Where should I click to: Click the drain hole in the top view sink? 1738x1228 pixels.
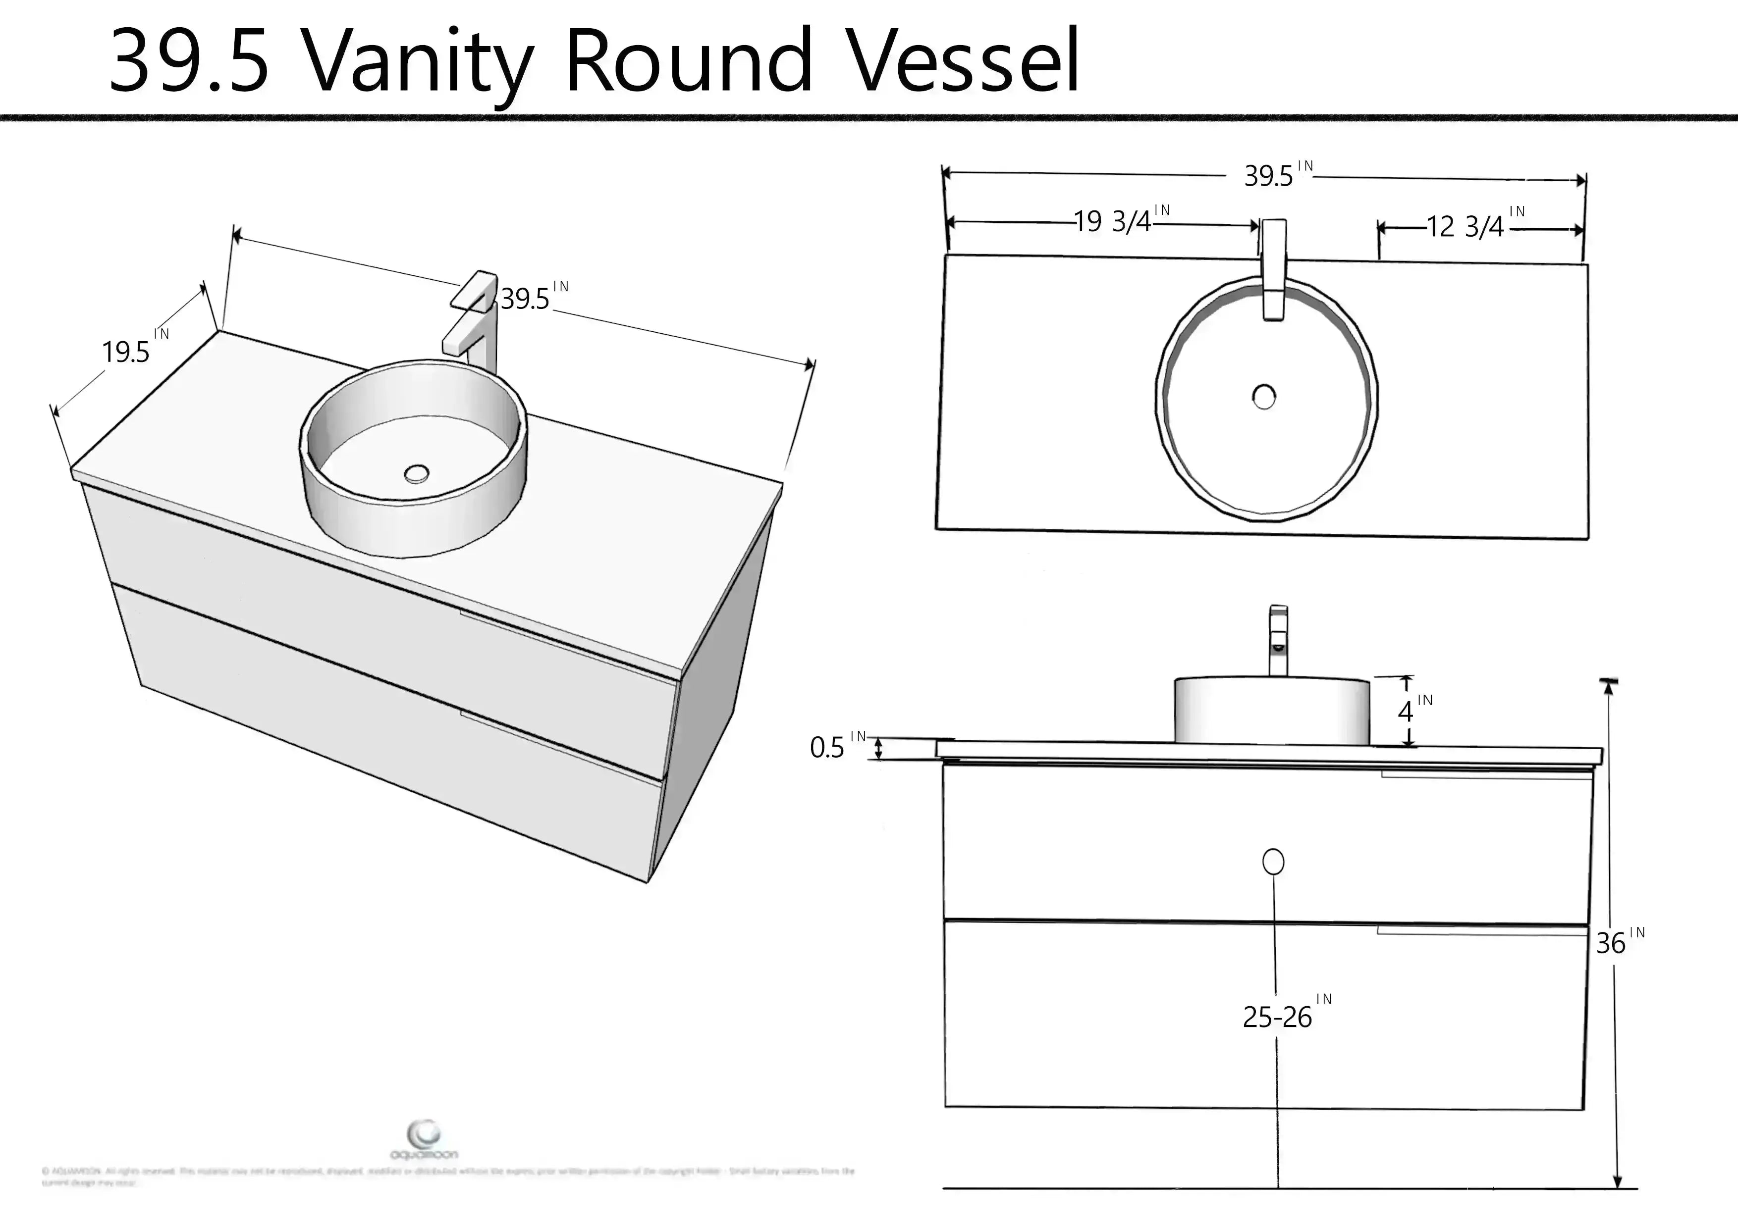[x=1263, y=397]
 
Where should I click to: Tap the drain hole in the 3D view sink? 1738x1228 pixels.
[x=416, y=474]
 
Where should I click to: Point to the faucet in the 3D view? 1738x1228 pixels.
[x=474, y=318]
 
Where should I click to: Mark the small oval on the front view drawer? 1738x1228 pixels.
[x=1273, y=862]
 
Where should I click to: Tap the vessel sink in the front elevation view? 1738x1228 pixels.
[x=1272, y=710]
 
